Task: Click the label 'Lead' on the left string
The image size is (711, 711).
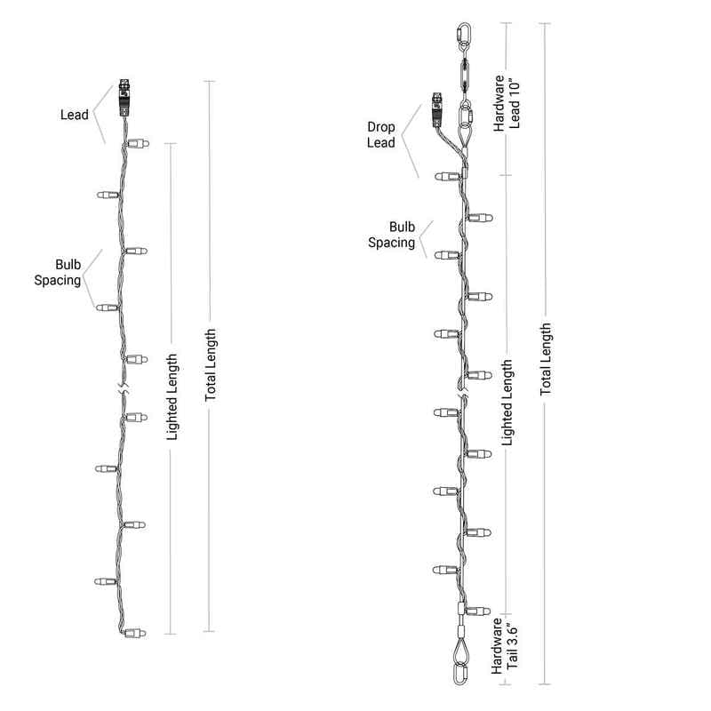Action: point(75,115)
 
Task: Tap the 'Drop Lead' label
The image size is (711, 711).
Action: point(381,135)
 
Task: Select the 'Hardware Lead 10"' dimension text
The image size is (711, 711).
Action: point(507,103)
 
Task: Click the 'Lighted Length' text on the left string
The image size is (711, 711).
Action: point(172,396)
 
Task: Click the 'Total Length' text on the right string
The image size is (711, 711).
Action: point(546,359)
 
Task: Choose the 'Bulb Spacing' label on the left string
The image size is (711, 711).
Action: point(58,273)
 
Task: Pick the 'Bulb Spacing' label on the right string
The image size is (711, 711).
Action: point(391,235)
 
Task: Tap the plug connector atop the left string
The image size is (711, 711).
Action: point(124,98)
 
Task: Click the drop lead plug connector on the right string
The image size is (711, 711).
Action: point(436,110)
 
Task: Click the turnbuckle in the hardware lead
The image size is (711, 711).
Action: point(465,77)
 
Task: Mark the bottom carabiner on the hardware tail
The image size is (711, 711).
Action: point(459,674)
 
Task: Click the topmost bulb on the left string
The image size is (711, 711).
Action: point(138,144)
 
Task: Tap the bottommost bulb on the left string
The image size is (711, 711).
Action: point(135,633)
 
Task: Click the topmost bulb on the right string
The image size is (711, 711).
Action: point(448,176)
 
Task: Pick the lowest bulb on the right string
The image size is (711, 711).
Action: point(477,611)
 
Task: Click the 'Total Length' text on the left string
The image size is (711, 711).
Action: point(211,365)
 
